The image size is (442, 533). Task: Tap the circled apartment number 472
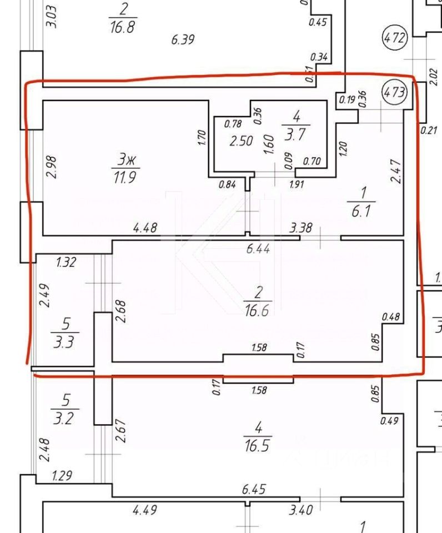point(395,39)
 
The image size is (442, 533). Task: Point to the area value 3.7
point(297,134)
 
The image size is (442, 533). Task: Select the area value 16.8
point(123,27)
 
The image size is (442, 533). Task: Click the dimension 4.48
point(145,227)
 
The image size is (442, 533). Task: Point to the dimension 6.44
point(258,250)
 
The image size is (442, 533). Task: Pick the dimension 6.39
point(184,39)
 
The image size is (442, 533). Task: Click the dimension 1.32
point(66,262)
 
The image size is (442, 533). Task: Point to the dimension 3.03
point(51,16)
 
